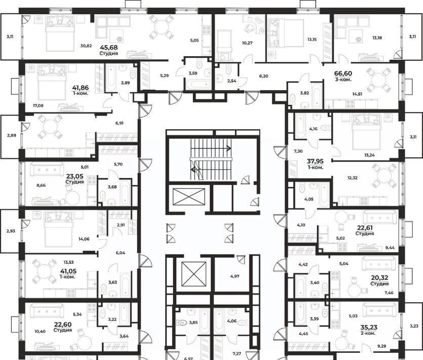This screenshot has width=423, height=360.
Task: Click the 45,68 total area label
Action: [108, 48]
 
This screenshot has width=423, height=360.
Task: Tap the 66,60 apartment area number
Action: [343, 74]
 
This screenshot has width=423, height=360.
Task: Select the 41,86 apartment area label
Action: [81, 88]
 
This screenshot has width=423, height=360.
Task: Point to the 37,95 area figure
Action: [316, 161]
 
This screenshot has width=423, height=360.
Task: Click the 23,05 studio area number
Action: [75, 176]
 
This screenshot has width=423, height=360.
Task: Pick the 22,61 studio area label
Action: [365, 228]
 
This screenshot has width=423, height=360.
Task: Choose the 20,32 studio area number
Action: [379, 278]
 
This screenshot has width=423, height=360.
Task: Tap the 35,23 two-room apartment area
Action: [369, 328]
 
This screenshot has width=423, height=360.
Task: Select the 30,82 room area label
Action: [86, 46]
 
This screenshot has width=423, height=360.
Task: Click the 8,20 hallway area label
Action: [263, 76]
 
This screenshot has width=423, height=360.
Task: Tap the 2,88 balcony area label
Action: [12, 135]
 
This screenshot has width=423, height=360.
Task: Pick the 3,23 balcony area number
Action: [414, 326]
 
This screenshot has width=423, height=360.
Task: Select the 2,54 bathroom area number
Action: [232, 81]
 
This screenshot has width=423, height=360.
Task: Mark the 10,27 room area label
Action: [247, 43]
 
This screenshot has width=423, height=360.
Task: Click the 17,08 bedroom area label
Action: [38, 105]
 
